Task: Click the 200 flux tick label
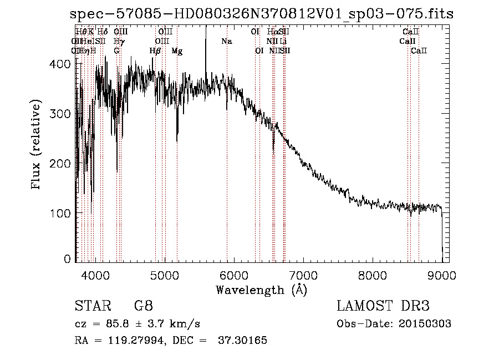point(59,164)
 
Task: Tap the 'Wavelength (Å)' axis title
point(261,290)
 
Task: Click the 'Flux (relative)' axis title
point(37,146)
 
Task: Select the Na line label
point(226,42)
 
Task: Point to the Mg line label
point(177,51)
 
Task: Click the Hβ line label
point(155,51)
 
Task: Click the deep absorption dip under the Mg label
point(177,136)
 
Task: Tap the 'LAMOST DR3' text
point(383,306)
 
